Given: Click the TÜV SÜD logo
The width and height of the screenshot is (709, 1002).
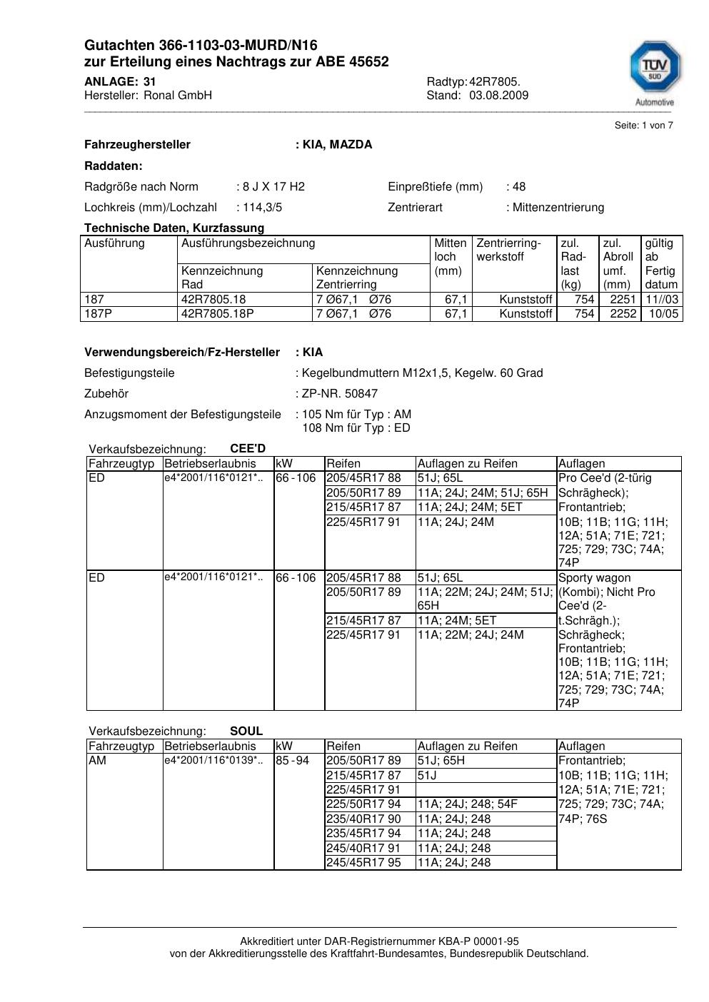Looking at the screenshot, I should (654, 69).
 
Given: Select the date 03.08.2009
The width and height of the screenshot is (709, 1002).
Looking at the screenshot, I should (499, 96).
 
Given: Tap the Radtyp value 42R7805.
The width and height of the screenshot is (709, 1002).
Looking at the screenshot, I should (495, 82).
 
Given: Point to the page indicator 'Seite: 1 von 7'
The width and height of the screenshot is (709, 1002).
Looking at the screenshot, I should (643, 126).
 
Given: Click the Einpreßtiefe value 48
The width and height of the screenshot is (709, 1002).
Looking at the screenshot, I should (518, 187).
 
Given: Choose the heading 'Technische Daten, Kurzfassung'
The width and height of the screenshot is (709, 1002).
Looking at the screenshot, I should (174, 228).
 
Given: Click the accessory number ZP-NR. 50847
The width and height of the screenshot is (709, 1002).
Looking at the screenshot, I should (340, 394).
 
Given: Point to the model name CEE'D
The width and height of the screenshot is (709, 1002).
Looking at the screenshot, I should (248, 449).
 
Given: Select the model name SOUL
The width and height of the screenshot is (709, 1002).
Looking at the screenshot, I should (246, 732).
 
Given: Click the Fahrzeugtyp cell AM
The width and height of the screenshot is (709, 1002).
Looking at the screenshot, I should (97, 761).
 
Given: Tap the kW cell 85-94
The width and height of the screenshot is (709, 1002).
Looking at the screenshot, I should (292, 761).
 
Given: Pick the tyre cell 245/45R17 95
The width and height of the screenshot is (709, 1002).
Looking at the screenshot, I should (363, 863).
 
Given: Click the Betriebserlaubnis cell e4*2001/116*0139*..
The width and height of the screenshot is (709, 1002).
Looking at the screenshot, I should (213, 761).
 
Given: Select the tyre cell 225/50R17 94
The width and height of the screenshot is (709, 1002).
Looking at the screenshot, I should (363, 804).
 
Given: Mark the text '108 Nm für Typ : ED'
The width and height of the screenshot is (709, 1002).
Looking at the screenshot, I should (356, 428).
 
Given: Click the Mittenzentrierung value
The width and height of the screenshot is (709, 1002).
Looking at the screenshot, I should (558, 208).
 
